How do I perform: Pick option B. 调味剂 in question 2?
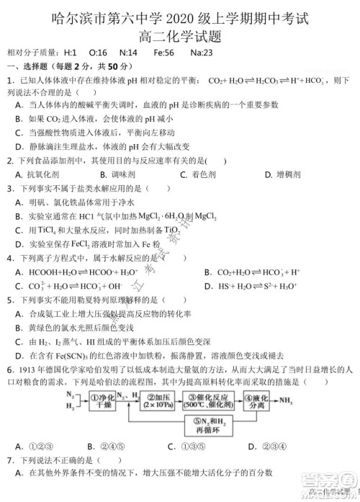pos(121,174)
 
